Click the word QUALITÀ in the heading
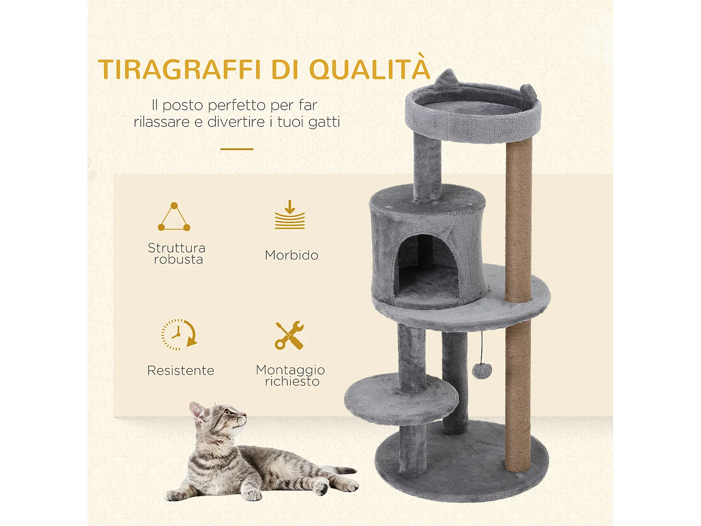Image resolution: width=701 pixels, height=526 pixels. (369, 70)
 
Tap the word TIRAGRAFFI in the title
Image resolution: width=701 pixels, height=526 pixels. (179, 70)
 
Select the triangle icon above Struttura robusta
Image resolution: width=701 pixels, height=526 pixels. (174, 217)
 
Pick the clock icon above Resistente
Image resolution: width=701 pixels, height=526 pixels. (179, 335)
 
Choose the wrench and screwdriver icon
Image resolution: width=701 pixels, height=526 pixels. (289, 335)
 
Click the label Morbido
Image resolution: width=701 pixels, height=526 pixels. (292, 255)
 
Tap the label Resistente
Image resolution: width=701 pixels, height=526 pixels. (180, 371)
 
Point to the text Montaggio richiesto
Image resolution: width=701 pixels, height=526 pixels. (291, 375)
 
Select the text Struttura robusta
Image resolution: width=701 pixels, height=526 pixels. (177, 253)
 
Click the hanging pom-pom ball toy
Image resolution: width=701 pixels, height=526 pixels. (482, 371)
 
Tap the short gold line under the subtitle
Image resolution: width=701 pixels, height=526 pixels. (237, 149)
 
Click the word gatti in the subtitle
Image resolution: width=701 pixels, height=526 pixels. (324, 122)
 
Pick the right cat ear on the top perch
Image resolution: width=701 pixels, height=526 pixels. (528, 92)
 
